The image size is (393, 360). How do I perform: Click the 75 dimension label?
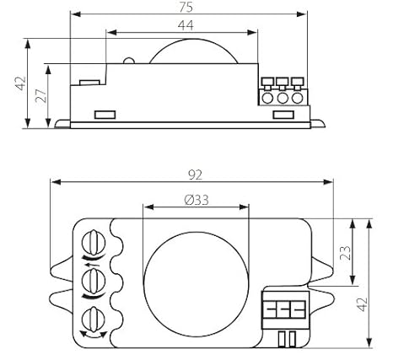[x=186, y=8]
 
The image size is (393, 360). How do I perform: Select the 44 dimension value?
[x=186, y=25]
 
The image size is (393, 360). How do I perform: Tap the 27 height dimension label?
[x=41, y=96]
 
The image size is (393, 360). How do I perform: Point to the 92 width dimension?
[x=195, y=175]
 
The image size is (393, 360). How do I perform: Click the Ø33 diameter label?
[x=196, y=200]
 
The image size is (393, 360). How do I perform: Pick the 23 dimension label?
[x=346, y=252]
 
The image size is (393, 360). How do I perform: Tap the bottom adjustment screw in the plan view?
[x=94, y=320]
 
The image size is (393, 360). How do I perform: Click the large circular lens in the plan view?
[x=196, y=284]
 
